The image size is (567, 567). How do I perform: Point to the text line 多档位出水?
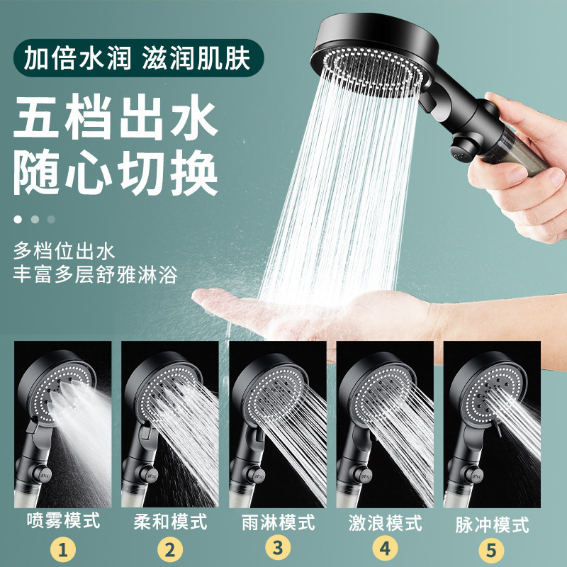[x=63, y=251]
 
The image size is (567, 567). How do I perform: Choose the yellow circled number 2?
[x=170, y=547]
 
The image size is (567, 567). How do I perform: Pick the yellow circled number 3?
[x=278, y=547]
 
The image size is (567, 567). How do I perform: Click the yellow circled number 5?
[x=492, y=547]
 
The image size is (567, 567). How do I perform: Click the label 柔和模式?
[x=170, y=522]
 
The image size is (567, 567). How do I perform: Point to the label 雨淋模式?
[x=278, y=523]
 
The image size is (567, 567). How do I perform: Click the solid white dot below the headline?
[x=17, y=219]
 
